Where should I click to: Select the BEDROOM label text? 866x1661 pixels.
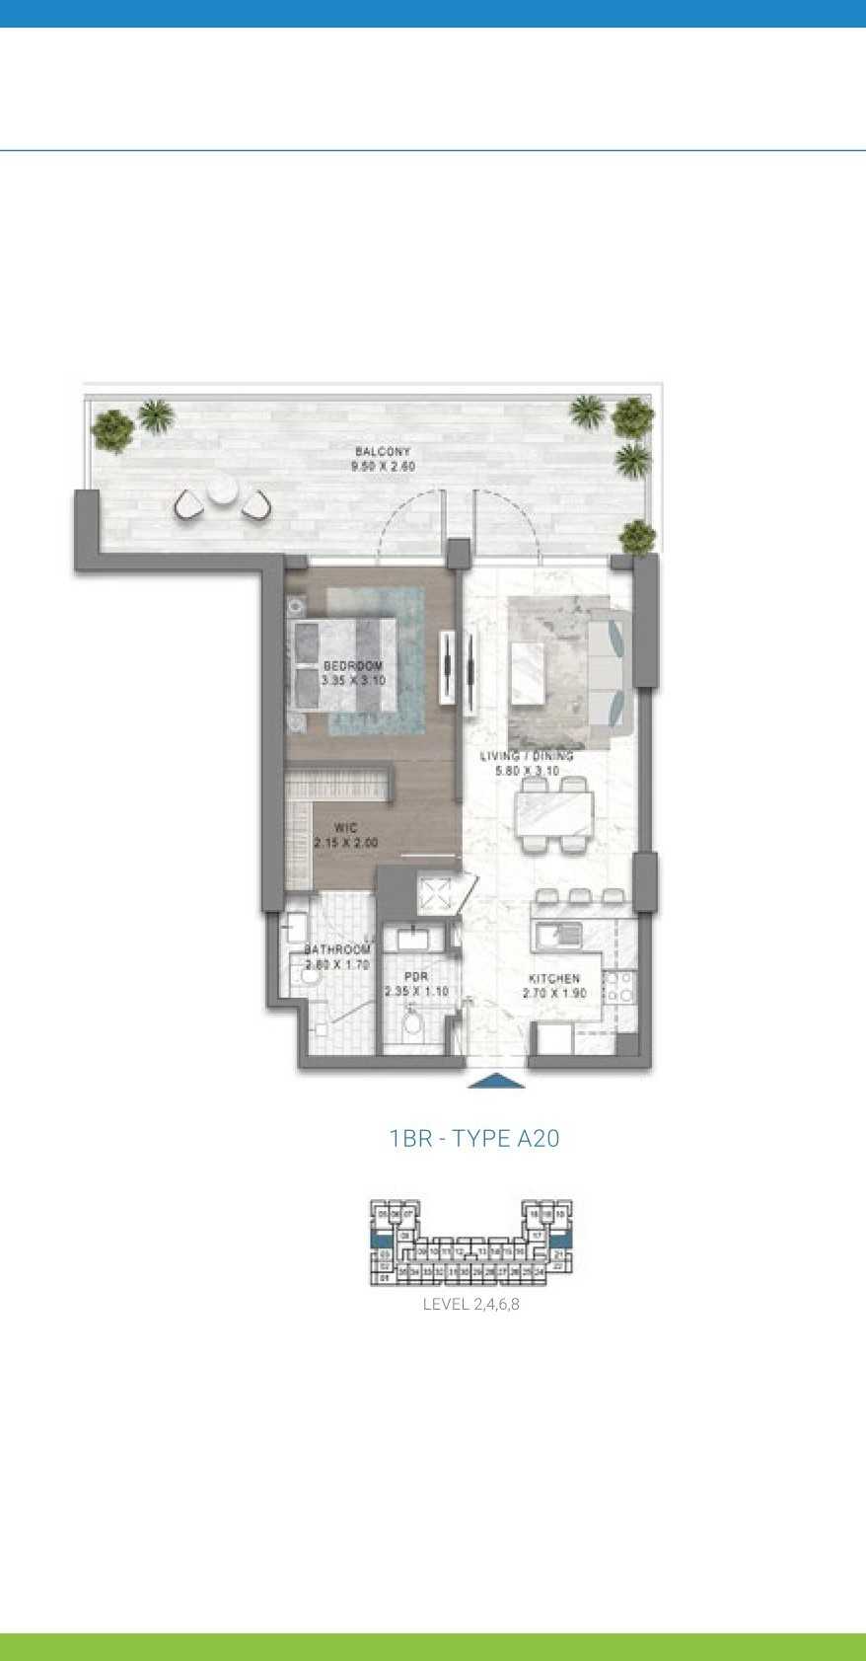tap(352, 666)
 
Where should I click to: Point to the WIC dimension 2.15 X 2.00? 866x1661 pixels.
tap(345, 843)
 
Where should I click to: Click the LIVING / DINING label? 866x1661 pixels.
tap(527, 756)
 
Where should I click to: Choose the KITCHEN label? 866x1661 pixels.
tap(553, 978)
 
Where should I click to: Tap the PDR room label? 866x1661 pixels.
tap(416, 977)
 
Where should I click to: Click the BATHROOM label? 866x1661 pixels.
tap(336, 949)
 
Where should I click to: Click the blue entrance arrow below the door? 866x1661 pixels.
tap(495, 1081)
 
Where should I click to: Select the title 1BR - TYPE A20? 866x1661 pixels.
tap(474, 1138)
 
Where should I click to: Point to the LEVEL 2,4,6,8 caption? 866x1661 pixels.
tap(470, 1304)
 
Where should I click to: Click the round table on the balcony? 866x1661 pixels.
tap(222, 489)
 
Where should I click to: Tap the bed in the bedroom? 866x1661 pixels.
tap(345, 664)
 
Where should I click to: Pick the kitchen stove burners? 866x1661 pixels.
tap(619, 987)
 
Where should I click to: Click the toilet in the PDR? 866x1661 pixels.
tap(412, 1022)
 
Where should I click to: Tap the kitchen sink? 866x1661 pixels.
tap(558, 934)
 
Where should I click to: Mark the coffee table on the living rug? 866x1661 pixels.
tap(529, 672)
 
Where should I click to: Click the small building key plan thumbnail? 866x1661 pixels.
tap(470, 1243)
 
